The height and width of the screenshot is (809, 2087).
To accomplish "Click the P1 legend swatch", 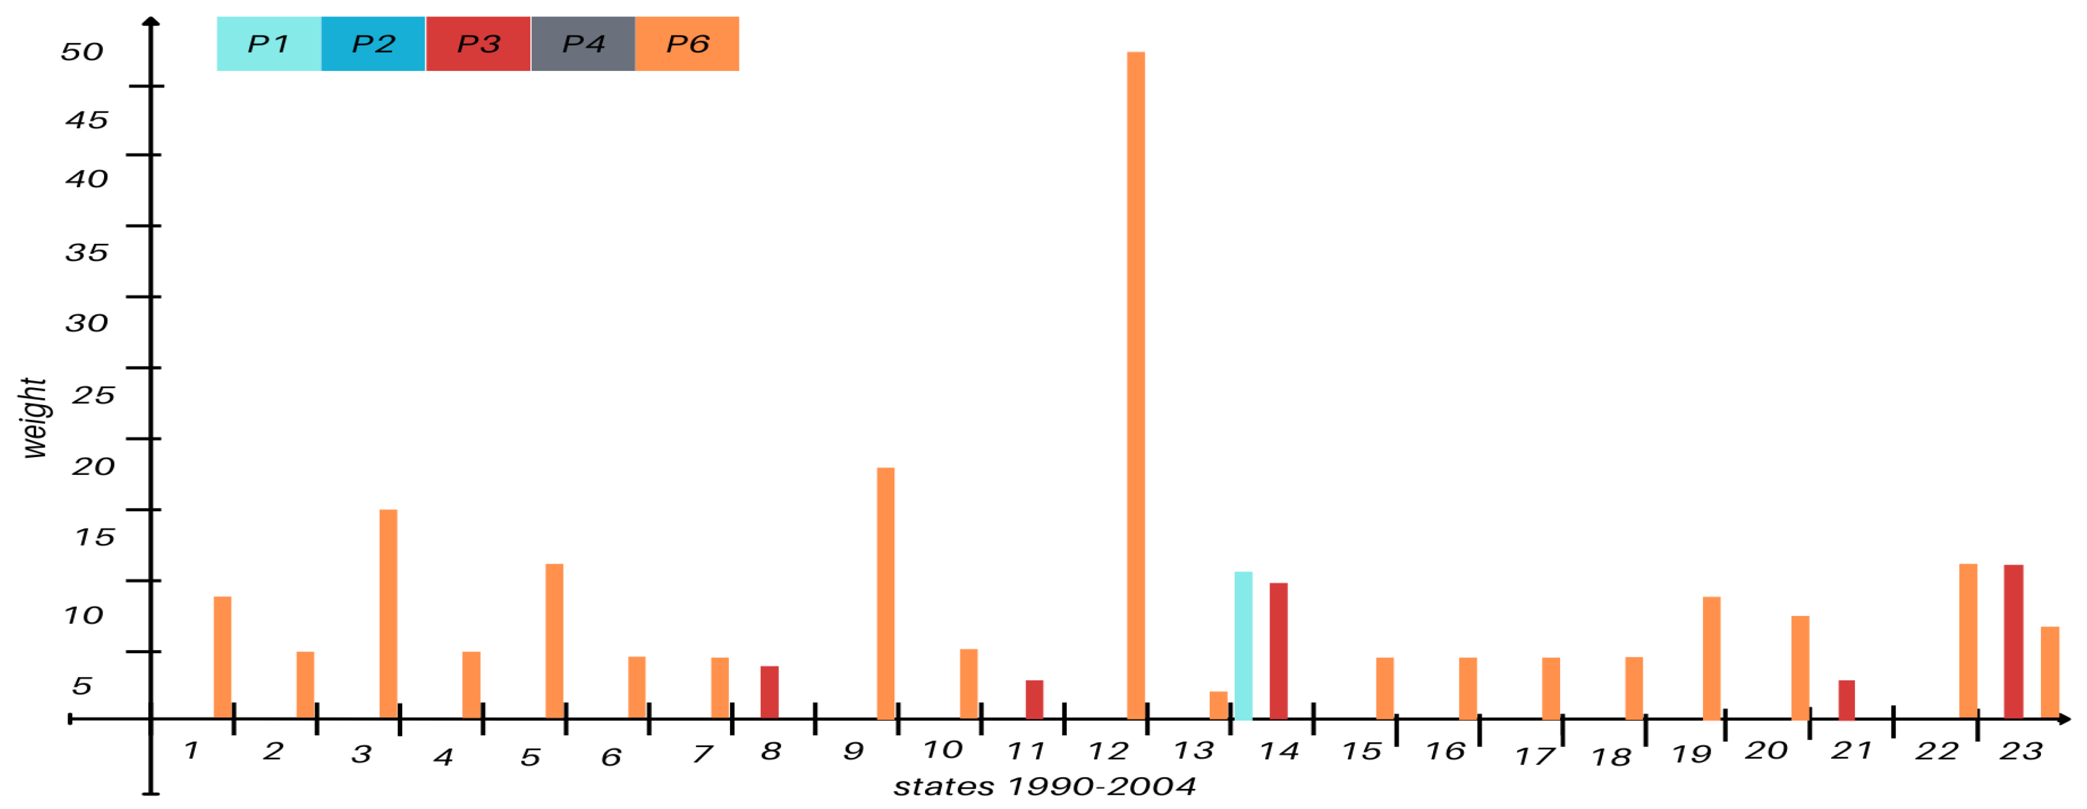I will [x=268, y=44].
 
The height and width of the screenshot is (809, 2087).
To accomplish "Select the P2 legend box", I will [x=373, y=44].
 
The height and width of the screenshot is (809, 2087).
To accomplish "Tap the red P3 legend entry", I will [x=478, y=44].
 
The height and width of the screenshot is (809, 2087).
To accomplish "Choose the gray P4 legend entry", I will [x=582, y=44].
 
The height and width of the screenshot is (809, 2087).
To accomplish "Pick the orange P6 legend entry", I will [x=687, y=44].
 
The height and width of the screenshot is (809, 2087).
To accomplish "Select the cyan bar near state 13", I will [x=1243, y=645].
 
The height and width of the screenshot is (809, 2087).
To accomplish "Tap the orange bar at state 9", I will [x=885, y=593].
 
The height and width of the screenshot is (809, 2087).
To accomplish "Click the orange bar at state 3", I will [x=388, y=614].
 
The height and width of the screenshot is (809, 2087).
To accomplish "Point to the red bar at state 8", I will [x=769, y=693].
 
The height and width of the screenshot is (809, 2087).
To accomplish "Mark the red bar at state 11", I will [x=1034, y=700].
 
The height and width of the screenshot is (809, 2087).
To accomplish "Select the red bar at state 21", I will [x=1847, y=700].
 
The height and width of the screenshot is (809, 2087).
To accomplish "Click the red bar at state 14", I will [x=1278, y=651].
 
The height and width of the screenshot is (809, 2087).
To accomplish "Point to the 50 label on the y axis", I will [x=82, y=52].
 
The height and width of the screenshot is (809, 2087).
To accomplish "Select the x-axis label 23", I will [x=2021, y=752].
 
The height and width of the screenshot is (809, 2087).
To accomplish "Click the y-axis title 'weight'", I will [x=34, y=418].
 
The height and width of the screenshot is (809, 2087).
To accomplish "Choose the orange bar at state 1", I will [x=222, y=658].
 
